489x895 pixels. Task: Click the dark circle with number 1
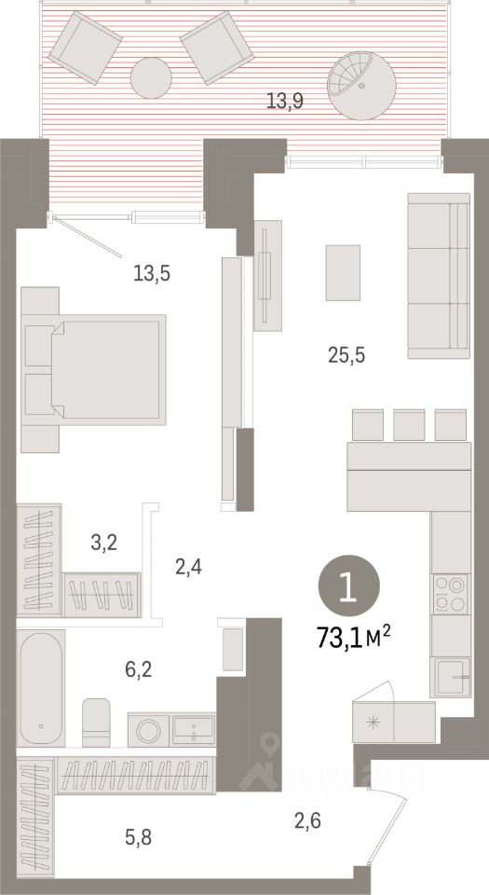[x=347, y=586]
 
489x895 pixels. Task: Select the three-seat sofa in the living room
[x=438, y=276]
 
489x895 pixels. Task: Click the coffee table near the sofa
[x=342, y=271]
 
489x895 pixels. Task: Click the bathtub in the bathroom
[x=40, y=687]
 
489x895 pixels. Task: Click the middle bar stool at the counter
[x=409, y=425]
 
